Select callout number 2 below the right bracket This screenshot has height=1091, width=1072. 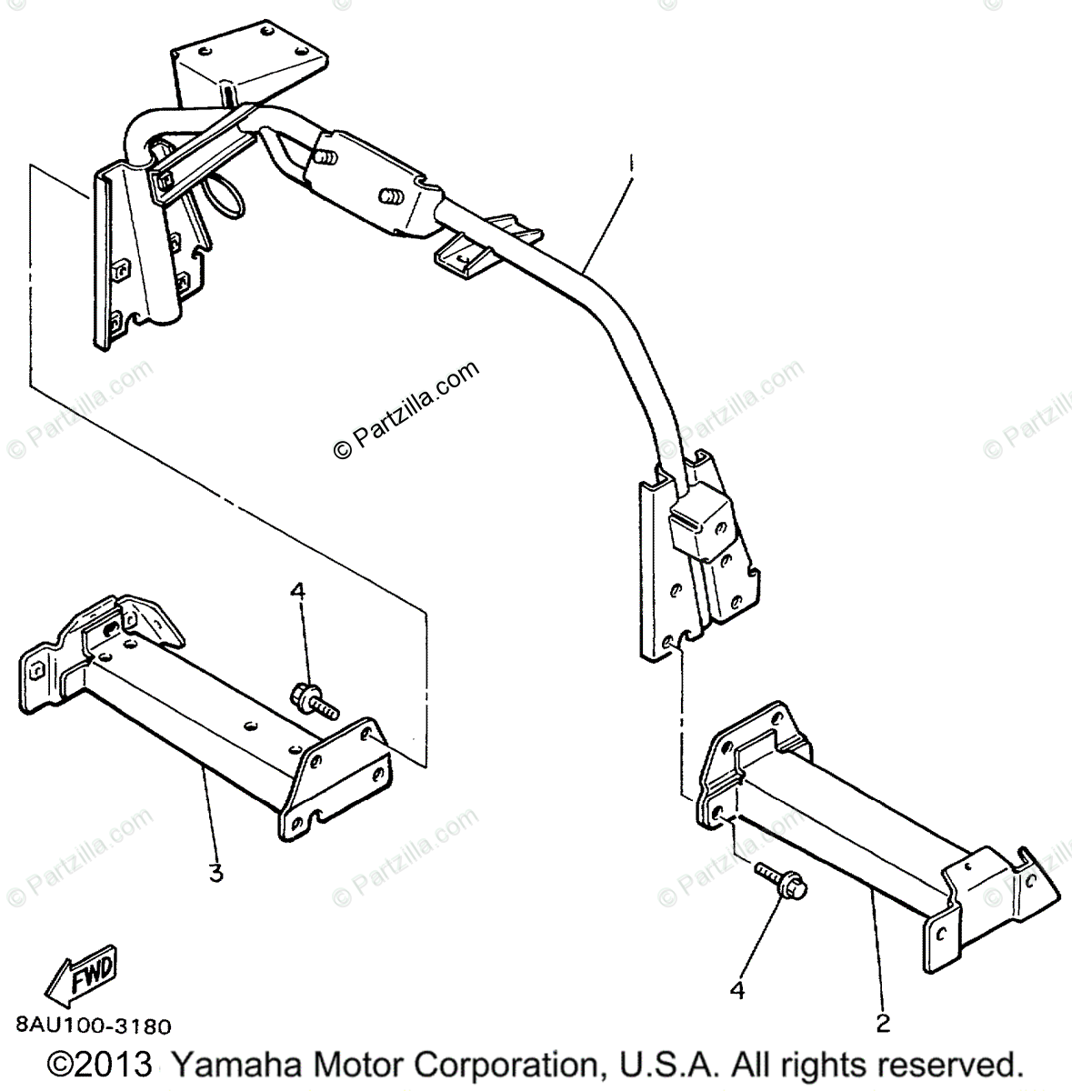(880, 1023)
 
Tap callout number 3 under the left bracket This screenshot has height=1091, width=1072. (215, 874)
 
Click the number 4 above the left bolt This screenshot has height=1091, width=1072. (297, 592)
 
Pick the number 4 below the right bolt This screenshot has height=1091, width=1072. (737, 989)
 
